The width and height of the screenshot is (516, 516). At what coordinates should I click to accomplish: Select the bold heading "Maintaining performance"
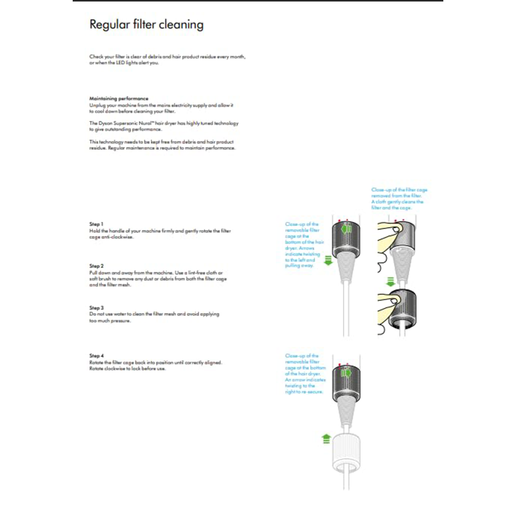click(119, 98)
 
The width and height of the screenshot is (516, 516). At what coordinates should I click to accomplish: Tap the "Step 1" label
click(96, 224)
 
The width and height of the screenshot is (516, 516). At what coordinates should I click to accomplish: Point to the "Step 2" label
click(96, 266)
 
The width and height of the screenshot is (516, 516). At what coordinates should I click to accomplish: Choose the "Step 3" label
click(96, 308)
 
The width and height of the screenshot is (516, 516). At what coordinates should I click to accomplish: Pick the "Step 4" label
click(96, 356)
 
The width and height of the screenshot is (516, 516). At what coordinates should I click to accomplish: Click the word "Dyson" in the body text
click(106, 123)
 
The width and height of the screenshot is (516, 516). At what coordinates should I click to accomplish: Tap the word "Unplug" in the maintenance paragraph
click(97, 105)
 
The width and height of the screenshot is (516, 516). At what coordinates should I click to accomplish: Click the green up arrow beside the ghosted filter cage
click(326, 439)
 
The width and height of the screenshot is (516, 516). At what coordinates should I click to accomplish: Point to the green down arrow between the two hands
click(390, 282)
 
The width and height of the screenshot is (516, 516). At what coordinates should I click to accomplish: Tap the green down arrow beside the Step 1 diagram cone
click(329, 260)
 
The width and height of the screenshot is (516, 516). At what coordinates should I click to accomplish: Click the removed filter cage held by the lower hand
click(402, 310)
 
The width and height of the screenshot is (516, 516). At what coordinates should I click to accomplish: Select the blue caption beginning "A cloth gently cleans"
click(397, 205)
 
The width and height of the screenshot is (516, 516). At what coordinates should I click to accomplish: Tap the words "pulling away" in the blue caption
click(299, 266)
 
